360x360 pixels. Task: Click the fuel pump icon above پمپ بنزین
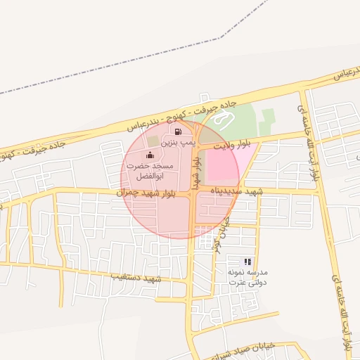pyautogui.click(x=179, y=131)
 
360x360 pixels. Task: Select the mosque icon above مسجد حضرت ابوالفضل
pyautogui.click(x=149, y=155)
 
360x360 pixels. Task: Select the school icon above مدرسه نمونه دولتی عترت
pyautogui.click(x=247, y=262)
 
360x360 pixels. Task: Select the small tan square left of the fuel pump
pyautogui.click(x=153, y=142)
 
